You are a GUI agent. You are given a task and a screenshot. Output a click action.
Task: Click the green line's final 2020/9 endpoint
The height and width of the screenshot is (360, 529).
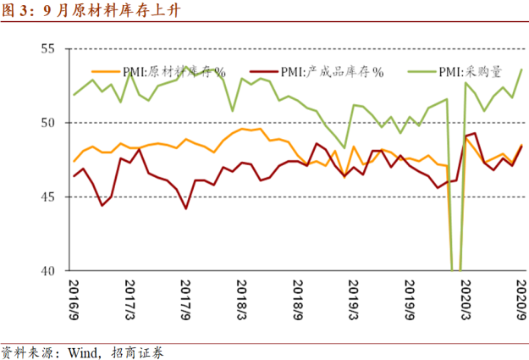(521, 69)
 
